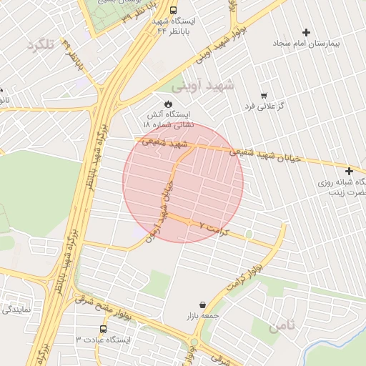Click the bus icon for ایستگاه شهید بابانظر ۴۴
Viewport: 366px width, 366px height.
click(174, 11)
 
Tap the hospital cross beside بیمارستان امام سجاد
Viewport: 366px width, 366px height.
click(307, 32)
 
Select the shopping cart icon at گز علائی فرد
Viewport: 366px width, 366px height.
click(264, 95)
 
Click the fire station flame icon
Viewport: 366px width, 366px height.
click(168, 104)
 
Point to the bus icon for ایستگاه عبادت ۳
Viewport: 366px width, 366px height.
click(104, 330)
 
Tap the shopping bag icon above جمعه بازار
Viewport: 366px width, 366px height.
click(202, 305)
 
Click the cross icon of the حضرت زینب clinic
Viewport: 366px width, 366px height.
click(349, 171)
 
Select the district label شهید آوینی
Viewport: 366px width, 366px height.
click(209, 85)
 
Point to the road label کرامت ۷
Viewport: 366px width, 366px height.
click(212, 229)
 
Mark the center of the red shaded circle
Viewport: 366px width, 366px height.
click(183, 182)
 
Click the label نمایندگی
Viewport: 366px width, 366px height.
click(16, 310)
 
